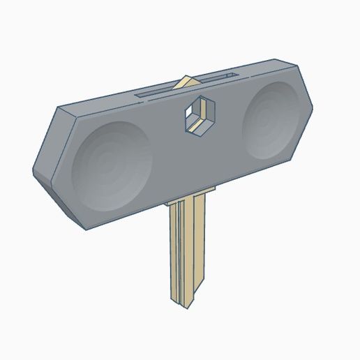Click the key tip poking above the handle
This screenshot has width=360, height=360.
coord(186,82)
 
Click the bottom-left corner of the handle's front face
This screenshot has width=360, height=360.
coord(85,230)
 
